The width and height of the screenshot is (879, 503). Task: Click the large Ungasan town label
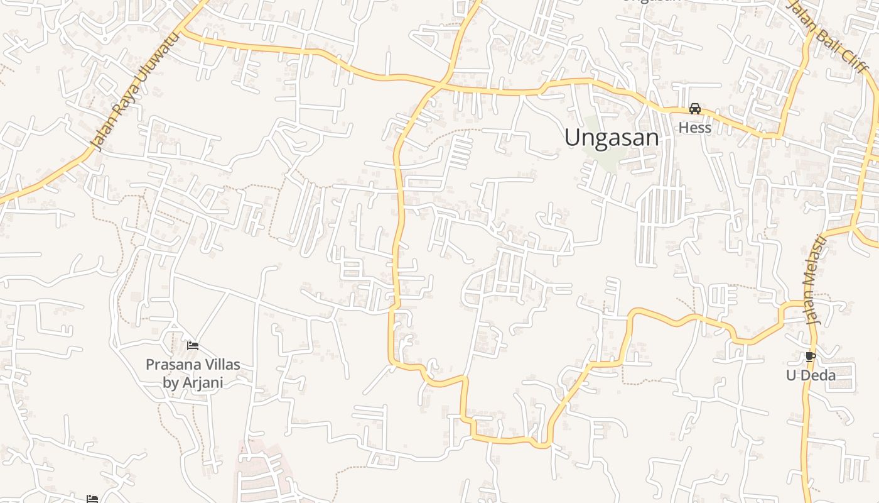point(612,138)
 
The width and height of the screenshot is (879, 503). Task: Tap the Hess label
point(694,128)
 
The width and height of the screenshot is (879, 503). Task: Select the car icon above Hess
point(694,109)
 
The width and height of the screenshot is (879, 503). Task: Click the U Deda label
point(811,375)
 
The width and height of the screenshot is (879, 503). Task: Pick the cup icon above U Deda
point(810,357)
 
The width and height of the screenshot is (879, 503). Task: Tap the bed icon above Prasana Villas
point(193,345)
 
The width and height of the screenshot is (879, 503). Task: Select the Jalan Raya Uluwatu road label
point(134,92)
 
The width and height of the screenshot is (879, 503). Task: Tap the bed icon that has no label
point(92,499)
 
